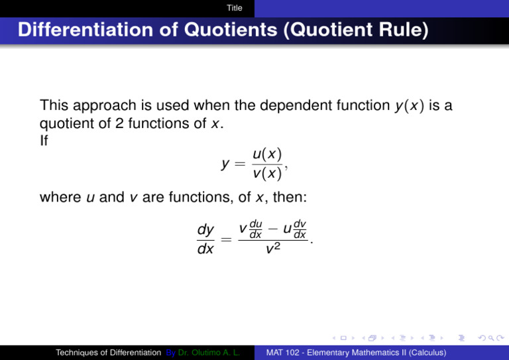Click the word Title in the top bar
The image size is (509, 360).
[234, 8]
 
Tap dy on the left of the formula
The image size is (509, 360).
[206, 229]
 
